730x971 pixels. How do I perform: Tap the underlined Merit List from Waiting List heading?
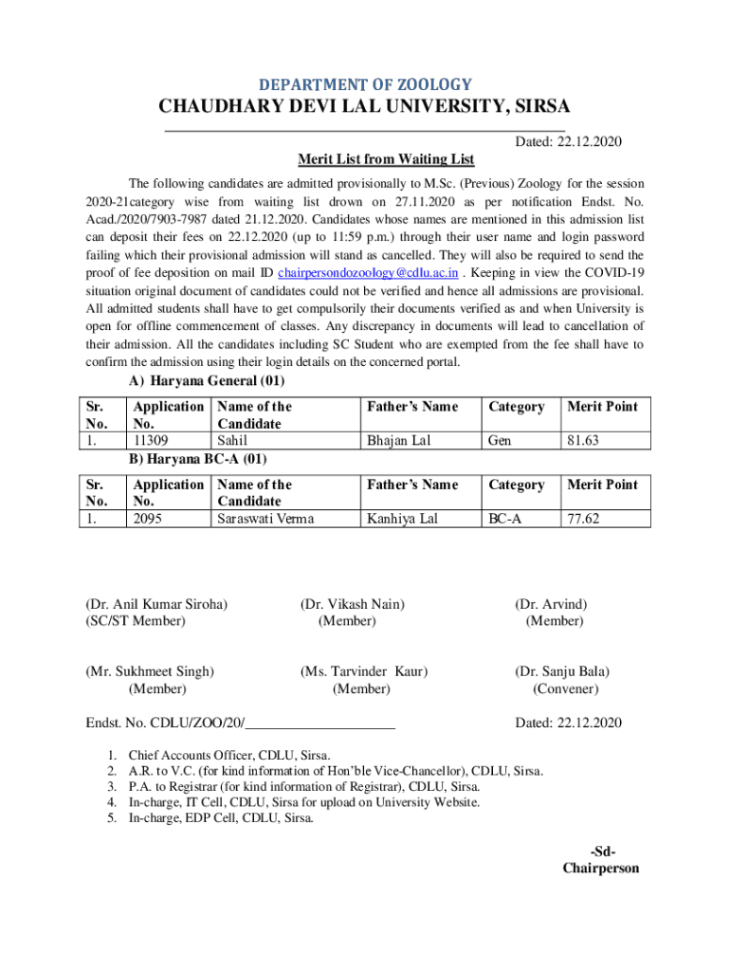(386, 158)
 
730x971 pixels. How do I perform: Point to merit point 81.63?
(586, 441)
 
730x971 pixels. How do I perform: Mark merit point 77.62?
(586, 519)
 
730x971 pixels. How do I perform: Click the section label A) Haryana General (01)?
(207, 381)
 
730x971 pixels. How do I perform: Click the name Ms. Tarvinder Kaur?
(363, 672)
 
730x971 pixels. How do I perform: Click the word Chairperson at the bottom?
(601, 868)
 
